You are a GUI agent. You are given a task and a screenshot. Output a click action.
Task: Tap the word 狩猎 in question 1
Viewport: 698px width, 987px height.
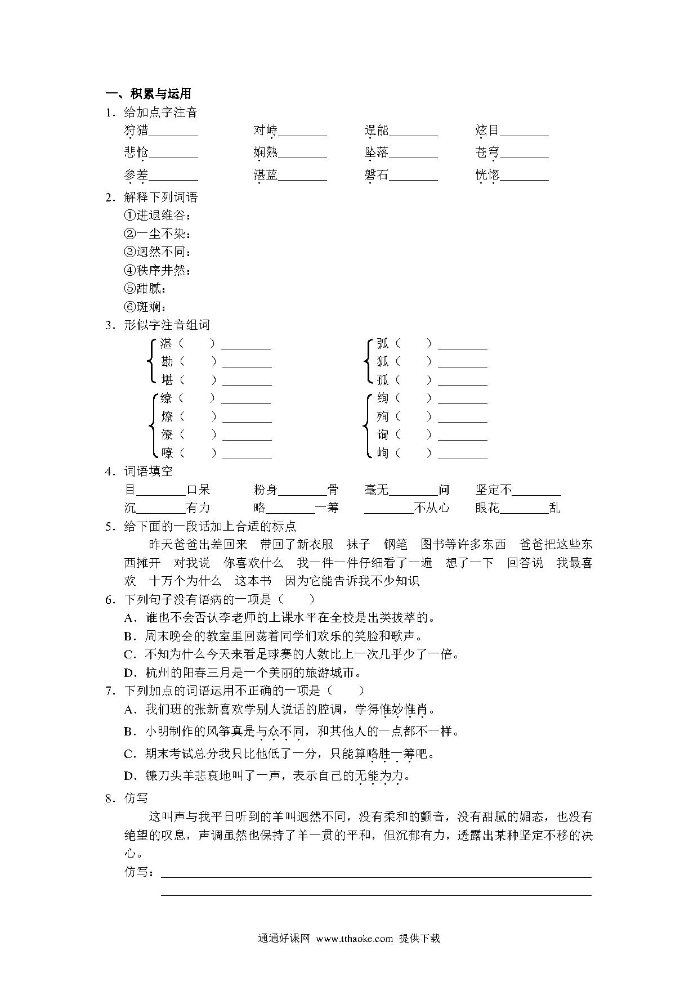[x=136, y=131]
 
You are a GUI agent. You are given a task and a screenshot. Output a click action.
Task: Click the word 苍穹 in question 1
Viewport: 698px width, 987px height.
[x=487, y=152]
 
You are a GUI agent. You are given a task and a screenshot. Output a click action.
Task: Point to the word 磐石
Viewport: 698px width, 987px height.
[x=376, y=175]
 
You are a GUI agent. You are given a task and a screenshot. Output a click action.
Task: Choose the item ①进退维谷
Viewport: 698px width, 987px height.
[x=158, y=215]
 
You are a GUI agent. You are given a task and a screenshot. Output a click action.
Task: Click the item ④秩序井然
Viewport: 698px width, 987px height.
[x=158, y=270]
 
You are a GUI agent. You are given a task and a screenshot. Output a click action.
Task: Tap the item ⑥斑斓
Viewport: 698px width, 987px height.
[x=145, y=307]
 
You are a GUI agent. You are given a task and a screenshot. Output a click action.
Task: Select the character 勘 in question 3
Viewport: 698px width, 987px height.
[x=167, y=361]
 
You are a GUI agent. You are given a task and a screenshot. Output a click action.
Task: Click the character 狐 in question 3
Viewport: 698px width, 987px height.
[x=383, y=361]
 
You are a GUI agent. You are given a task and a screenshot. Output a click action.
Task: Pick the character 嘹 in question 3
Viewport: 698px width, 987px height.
[x=167, y=452]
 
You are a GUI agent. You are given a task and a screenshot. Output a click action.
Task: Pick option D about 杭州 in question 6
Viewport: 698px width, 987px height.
[x=242, y=672]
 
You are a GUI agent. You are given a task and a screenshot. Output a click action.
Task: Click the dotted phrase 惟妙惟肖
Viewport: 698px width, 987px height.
[x=404, y=710]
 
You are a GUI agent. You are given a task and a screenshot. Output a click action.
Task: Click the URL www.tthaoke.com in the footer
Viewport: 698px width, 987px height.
[x=354, y=938]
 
